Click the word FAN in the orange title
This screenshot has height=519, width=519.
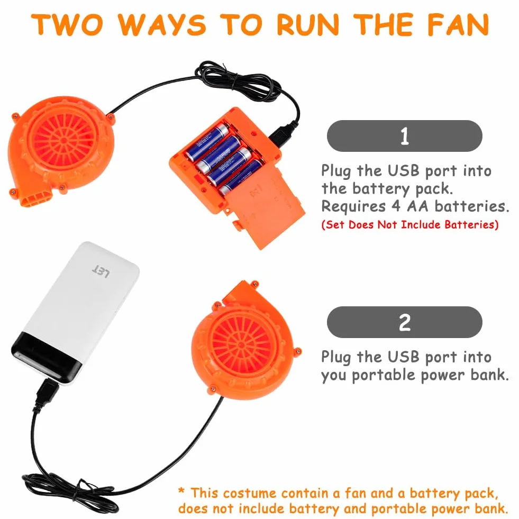click(458, 24)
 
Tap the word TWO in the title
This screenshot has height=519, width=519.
click(67, 24)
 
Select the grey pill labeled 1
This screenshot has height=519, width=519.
click(405, 136)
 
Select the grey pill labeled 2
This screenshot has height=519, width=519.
click(405, 322)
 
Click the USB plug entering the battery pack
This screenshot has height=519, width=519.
click(282, 134)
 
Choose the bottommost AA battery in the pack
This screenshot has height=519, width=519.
click(240, 178)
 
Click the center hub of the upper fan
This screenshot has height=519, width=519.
click(63, 140)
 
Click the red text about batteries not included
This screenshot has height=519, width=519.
click(410, 225)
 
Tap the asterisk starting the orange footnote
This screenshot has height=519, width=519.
click(181, 490)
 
